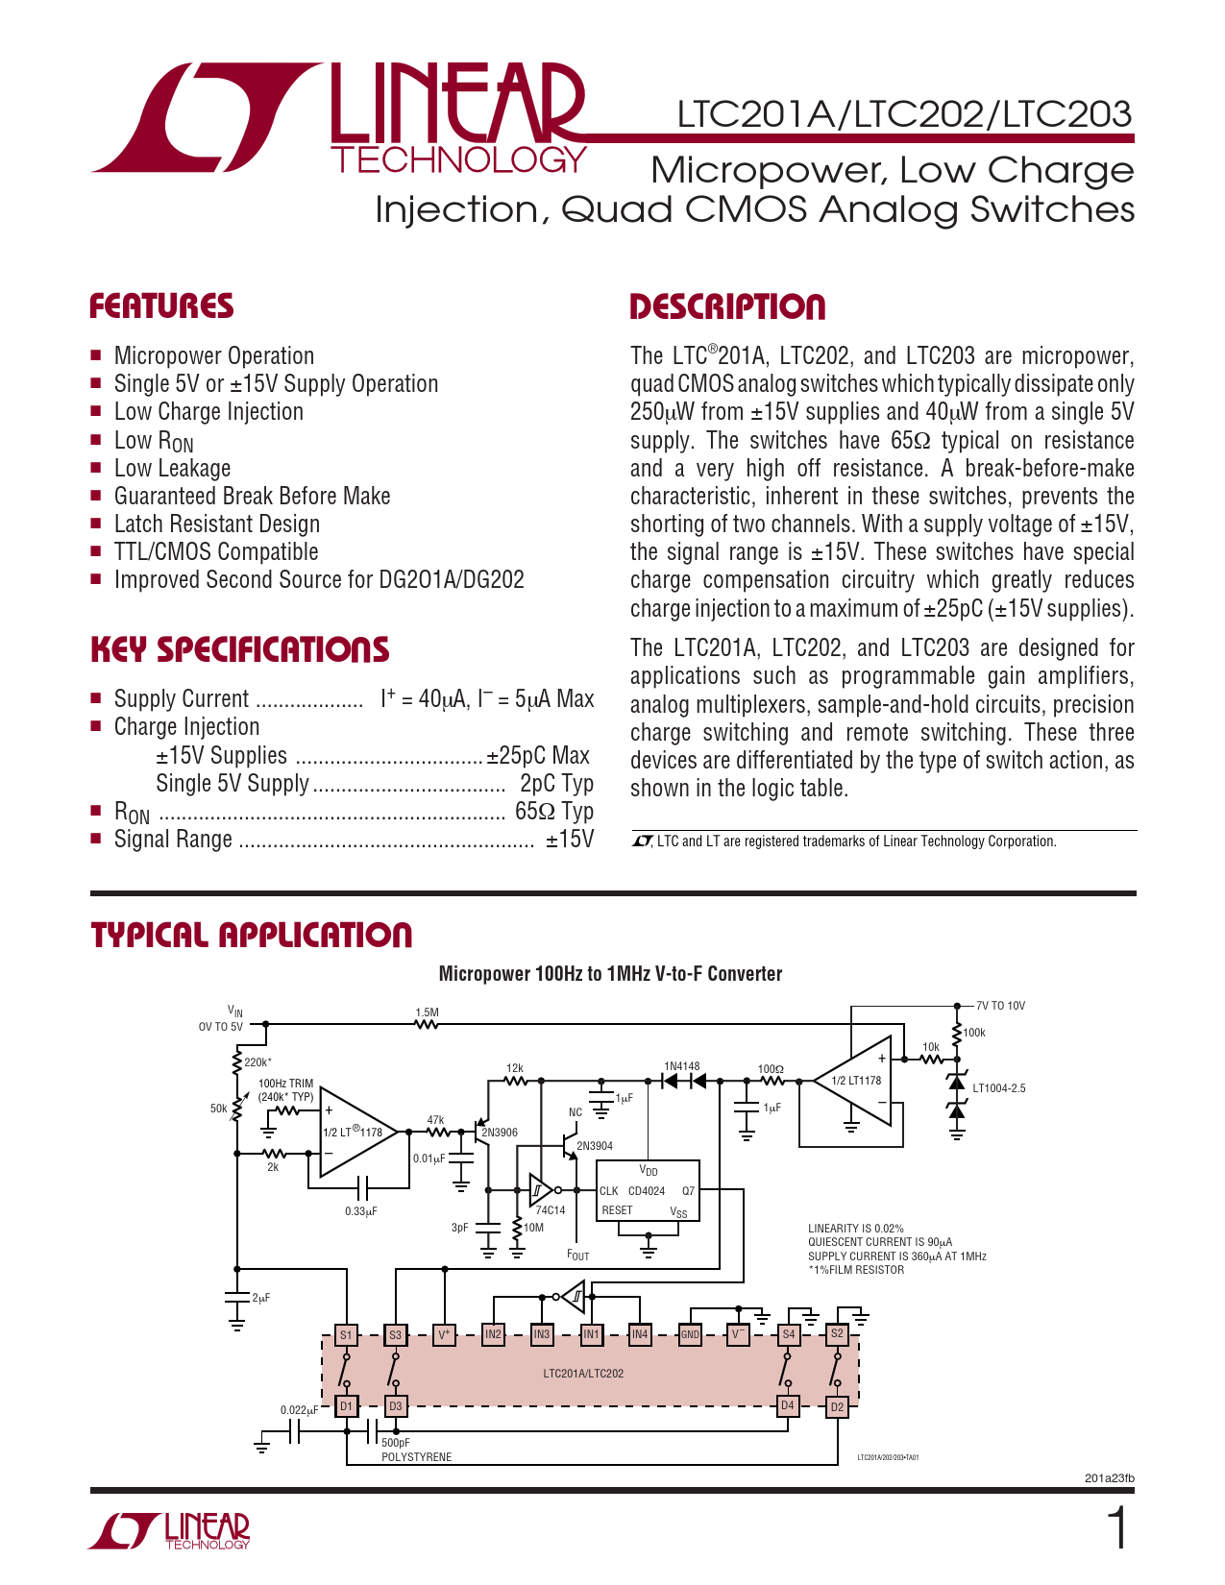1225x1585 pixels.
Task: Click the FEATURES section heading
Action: coord(161,306)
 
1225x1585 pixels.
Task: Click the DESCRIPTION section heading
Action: coord(727,307)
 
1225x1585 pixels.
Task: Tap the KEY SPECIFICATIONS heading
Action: coord(239,649)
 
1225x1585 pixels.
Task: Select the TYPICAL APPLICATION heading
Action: coord(252,935)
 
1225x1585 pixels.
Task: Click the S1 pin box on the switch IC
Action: coord(346,1334)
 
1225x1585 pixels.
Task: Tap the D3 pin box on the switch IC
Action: coord(395,1406)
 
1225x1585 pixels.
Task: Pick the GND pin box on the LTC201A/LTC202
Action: coord(690,1334)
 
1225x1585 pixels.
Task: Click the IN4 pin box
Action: coord(640,1334)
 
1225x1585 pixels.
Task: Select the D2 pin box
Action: coord(837,1407)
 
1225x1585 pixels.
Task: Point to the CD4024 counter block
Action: coord(648,1191)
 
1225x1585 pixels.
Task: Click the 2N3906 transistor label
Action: coord(500,1133)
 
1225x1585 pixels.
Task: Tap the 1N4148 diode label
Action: coord(682,1066)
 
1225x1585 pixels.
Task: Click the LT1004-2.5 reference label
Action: coord(999,1088)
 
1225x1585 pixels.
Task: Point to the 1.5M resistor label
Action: coord(427,1012)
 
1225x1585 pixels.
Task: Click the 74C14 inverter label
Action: coord(551,1210)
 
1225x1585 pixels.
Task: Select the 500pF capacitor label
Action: coord(396,1443)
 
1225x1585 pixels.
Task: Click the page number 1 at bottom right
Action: coord(1117,1529)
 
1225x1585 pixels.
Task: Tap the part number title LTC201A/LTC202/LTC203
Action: coord(904,114)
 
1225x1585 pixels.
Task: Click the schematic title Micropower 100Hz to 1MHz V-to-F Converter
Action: coord(610,974)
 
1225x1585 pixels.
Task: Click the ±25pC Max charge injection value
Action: coord(538,756)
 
